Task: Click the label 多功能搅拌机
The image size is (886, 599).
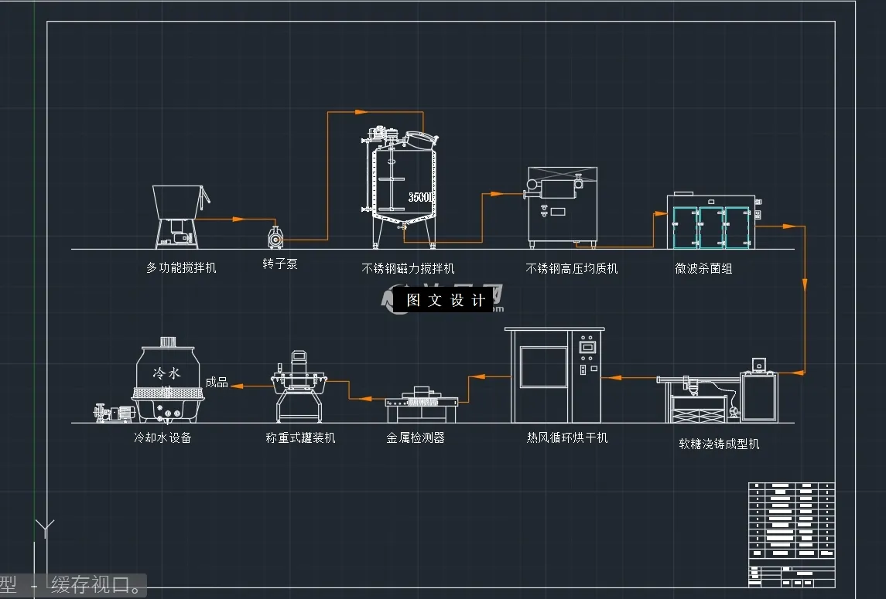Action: point(181,268)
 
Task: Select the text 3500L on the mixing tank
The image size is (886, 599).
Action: point(422,198)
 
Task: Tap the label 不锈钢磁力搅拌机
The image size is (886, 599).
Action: point(408,269)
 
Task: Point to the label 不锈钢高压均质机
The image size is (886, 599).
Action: point(571,269)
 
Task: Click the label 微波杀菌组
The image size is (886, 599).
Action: point(703,269)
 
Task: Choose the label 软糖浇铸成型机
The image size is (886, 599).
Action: point(719,444)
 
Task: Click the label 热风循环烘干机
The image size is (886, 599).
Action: point(567,438)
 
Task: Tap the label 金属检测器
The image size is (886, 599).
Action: point(416,438)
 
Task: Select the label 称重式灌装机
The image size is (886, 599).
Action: point(300,438)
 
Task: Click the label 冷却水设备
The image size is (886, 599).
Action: point(162,438)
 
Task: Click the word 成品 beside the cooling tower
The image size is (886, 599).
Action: point(217,383)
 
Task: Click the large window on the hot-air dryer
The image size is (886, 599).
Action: point(543,366)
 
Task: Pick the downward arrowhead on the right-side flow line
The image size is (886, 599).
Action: point(805,282)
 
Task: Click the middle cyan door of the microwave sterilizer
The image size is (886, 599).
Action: point(711,228)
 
